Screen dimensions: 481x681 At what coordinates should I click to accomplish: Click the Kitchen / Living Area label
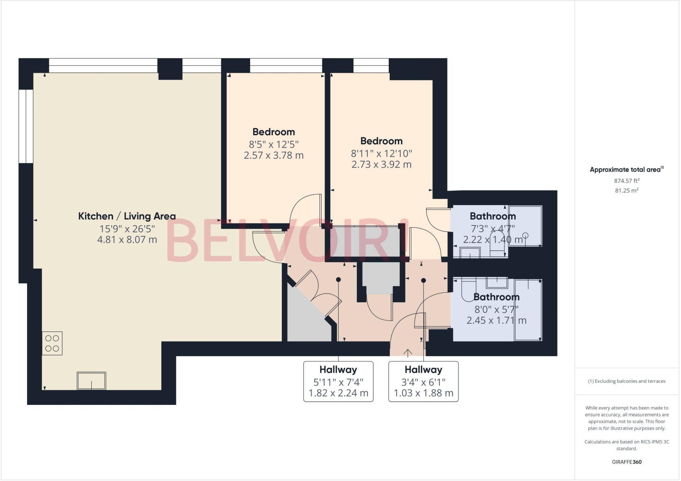(x=127, y=216)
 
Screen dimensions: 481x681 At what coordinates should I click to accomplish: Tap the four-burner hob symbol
(x=52, y=343)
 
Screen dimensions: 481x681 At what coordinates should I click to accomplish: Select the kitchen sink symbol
(x=91, y=381)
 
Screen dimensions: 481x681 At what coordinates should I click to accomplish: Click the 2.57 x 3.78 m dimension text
(x=274, y=155)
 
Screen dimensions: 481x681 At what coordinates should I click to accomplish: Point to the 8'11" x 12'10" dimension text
(x=381, y=154)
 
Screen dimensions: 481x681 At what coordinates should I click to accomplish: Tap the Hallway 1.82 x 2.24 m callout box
(x=338, y=381)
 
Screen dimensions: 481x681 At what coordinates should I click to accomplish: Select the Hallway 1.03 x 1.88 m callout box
(x=423, y=381)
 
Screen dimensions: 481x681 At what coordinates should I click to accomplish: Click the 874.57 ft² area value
(x=627, y=181)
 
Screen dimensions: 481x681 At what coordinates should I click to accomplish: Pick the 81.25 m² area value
(x=627, y=190)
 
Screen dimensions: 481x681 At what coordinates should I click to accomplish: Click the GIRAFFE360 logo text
(x=627, y=462)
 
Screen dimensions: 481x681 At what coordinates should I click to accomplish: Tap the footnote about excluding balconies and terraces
(x=627, y=381)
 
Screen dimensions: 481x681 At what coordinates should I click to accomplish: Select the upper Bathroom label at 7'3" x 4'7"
(x=493, y=216)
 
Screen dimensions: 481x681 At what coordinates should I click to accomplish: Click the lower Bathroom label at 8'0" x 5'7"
(x=496, y=297)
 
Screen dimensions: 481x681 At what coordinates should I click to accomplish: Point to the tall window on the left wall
(x=26, y=126)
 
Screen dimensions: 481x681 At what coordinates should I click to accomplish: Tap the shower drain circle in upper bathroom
(x=525, y=235)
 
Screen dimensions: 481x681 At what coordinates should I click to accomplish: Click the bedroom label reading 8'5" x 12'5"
(x=274, y=132)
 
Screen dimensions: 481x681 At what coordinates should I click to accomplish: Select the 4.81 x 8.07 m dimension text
(x=127, y=240)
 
